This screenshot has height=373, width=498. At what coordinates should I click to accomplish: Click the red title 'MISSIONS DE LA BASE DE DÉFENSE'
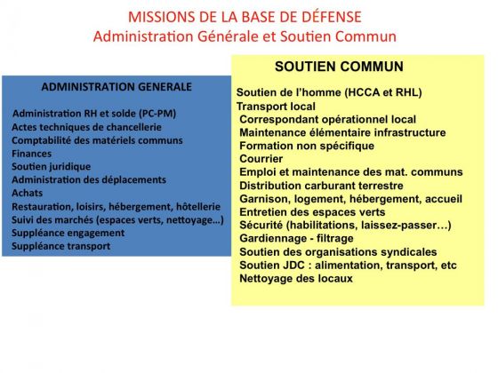[245, 17]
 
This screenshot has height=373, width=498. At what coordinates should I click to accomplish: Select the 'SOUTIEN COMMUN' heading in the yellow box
[339, 67]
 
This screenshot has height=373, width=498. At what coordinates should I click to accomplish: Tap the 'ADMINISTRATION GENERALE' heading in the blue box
[116, 87]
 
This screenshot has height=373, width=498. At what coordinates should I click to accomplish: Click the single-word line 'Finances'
[31, 154]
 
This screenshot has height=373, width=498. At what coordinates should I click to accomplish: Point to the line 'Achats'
[27, 193]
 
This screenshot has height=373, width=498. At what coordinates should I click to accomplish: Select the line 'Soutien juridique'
[52, 167]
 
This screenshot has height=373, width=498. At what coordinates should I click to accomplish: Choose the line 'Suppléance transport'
[61, 246]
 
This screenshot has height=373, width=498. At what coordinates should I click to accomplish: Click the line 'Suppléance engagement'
[68, 233]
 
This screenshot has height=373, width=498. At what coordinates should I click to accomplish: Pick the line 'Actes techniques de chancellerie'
[87, 127]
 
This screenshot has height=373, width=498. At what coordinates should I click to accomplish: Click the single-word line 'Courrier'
[261, 159]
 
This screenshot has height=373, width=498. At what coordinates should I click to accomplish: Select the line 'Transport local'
[276, 107]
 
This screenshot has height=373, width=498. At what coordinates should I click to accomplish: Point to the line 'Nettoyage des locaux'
[296, 279]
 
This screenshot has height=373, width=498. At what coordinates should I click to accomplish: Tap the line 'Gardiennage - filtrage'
[296, 238]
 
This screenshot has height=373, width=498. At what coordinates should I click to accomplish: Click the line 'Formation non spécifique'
[307, 146]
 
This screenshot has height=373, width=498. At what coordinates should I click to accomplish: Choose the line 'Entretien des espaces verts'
[312, 212]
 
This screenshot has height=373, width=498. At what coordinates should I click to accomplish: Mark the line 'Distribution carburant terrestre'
[321, 186]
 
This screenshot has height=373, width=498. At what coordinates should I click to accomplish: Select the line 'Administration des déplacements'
[89, 179]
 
